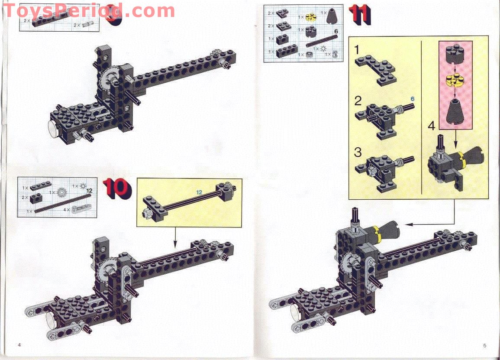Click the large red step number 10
coord(117,188)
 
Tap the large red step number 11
coord(361,14)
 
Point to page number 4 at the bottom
coord(19,344)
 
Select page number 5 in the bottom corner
coord(484,345)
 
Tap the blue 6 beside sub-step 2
coord(413,99)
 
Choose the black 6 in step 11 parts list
coord(335,32)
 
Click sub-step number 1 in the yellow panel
coord(357,50)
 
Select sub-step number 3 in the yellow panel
coord(358,152)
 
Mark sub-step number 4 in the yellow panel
coord(432,127)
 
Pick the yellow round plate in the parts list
coord(311,17)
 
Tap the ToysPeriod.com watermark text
coord(89,10)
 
